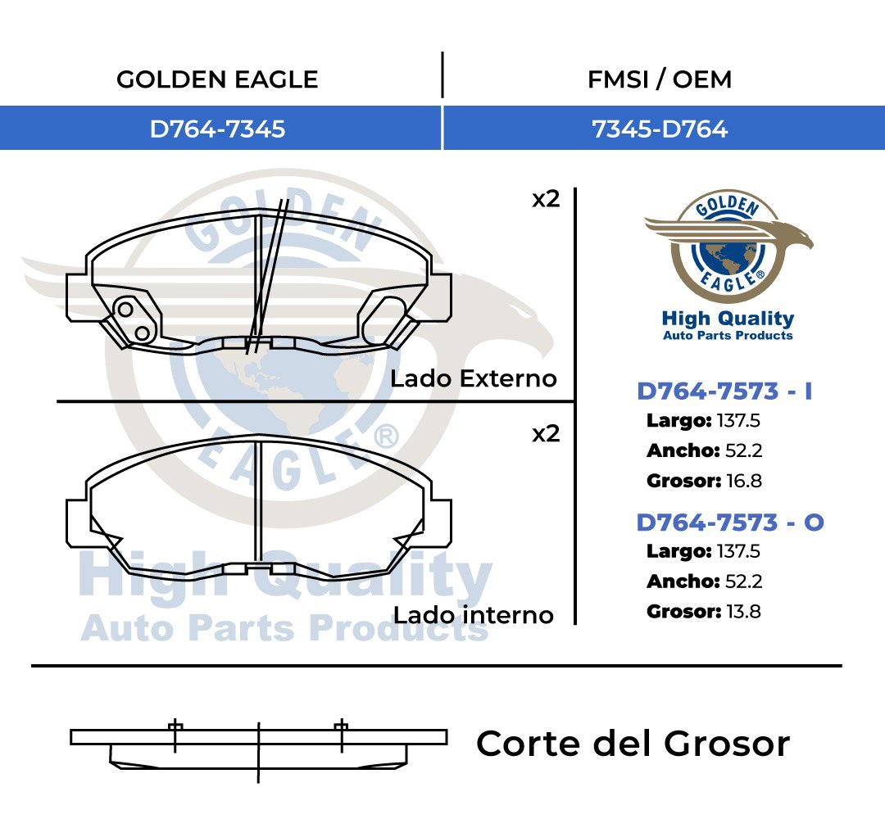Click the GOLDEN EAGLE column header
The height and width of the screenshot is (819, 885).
[217, 79]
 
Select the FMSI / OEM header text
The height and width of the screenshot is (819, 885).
[660, 79]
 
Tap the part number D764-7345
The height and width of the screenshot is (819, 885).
[217, 129]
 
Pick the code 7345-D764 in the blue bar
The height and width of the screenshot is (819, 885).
[660, 129]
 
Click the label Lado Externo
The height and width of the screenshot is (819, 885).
[474, 378]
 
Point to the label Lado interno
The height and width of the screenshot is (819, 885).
[474, 615]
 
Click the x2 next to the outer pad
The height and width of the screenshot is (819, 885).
[546, 199]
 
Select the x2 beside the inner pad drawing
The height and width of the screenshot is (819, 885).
[546, 434]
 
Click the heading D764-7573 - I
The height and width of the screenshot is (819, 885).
[724, 391]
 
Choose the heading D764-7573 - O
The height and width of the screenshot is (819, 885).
[730, 523]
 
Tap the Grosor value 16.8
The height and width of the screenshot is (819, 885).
[744, 481]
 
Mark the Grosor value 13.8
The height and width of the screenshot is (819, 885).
[743, 612]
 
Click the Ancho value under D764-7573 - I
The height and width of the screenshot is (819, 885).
[743, 450]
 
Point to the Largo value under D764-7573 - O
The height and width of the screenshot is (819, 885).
[738, 551]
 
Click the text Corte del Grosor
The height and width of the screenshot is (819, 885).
[633, 744]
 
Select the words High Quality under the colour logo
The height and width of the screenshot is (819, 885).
[728, 319]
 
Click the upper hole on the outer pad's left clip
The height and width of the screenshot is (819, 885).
[125, 309]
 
